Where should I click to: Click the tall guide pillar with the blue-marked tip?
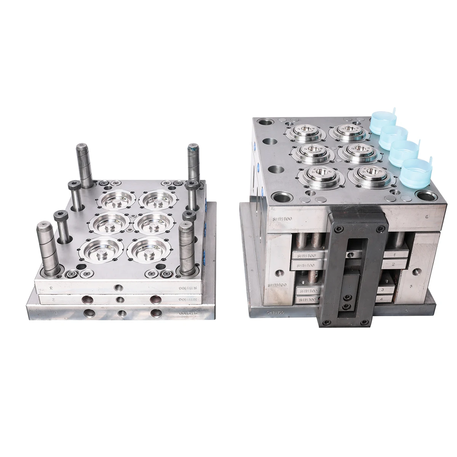(193, 163)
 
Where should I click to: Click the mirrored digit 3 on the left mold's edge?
(51, 289)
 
